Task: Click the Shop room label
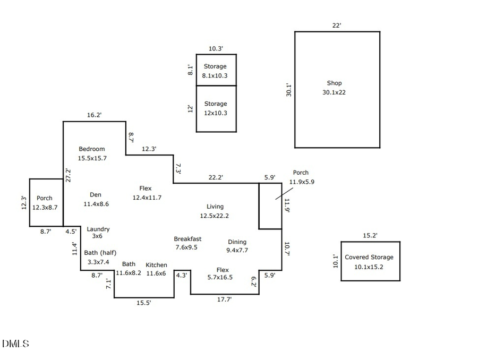[334, 83]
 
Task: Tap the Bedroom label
[92, 149]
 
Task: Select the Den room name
[96, 195]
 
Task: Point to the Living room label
[215, 207]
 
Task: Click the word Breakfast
[187, 239]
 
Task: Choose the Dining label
[237, 242]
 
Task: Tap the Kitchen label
[156, 265]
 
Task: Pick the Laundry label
[98, 229]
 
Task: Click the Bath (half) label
[100, 253]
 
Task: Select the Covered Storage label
[369, 258]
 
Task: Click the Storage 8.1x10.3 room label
[215, 67]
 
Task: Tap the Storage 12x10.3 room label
[215, 104]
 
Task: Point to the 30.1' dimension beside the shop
[288, 89]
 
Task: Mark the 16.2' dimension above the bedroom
[94, 115]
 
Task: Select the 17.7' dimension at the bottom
[224, 299]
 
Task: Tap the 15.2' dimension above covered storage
[370, 235]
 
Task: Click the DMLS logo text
[15, 344]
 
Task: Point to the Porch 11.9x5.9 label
[301, 173]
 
